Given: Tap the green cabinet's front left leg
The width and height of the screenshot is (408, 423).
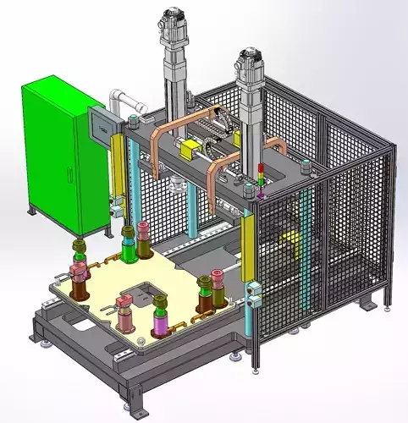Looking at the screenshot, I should pyautogui.click(x=32, y=209).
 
